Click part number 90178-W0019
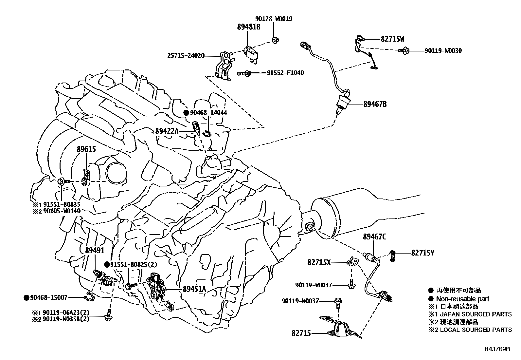click(274, 19)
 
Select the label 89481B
click(249, 27)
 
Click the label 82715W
click(392, 39)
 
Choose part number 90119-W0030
click(443, 51)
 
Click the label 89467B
click(375, 104)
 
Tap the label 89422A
click(167, 131)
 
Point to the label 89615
click(86, 149)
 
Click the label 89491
click(95, 250)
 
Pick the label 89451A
click(194, 289)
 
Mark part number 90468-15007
click(49, 297)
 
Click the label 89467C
click(374, 237)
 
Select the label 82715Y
click(423, 253)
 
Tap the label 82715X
click(319, 262)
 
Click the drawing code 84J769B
click(497, 349)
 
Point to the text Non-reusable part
click(462, 299)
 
